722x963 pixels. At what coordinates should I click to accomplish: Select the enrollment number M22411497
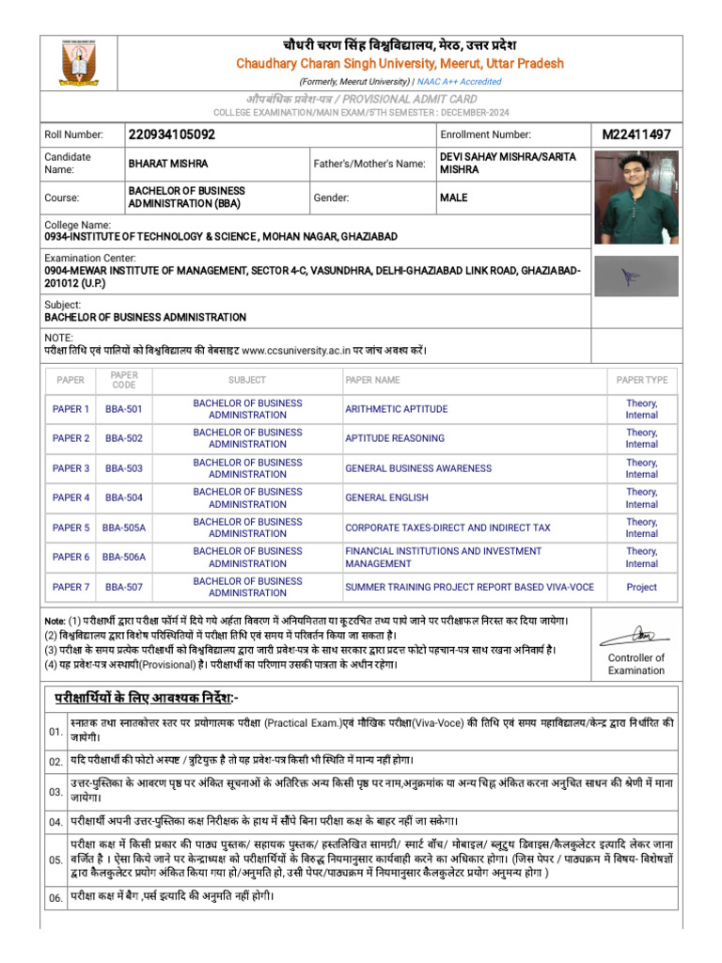click(636, 135)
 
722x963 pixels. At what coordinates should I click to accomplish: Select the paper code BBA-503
click(124, 468)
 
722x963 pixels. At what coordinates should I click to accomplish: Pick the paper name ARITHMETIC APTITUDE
click(396, 409)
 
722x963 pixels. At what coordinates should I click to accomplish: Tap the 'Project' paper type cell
click(641, 587)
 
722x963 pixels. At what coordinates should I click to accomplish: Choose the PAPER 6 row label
click(71, 557)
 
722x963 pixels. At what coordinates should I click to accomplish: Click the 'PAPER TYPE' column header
click(641, 380)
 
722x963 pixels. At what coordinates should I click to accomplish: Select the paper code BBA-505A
click(124, 528)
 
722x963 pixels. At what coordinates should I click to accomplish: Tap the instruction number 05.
click(55, 860)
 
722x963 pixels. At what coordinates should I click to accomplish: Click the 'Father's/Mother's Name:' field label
click(369, 164)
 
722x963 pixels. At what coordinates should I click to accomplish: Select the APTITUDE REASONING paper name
click(394, 438)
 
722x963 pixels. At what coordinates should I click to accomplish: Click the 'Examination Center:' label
click(90, 258)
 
